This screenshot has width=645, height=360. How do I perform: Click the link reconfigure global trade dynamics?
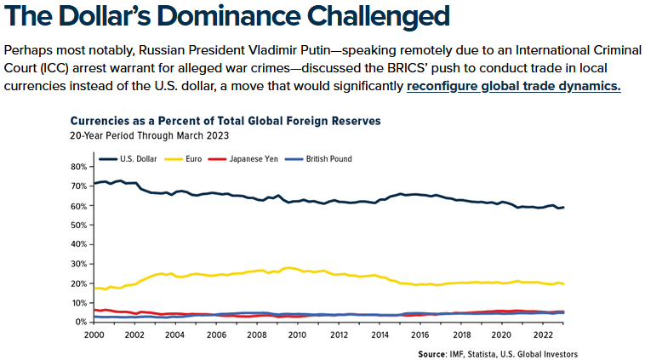tap(514, 86)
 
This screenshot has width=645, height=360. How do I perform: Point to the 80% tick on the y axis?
tap(79, 166)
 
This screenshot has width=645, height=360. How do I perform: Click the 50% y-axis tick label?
tap(79, 225)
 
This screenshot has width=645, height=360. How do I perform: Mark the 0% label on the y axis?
tap(82, 322)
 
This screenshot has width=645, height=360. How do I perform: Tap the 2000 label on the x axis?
tap(94, 334)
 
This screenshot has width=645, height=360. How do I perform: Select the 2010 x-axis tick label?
tap(297, 334)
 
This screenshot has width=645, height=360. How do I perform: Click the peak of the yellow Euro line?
tap(289, 267)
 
